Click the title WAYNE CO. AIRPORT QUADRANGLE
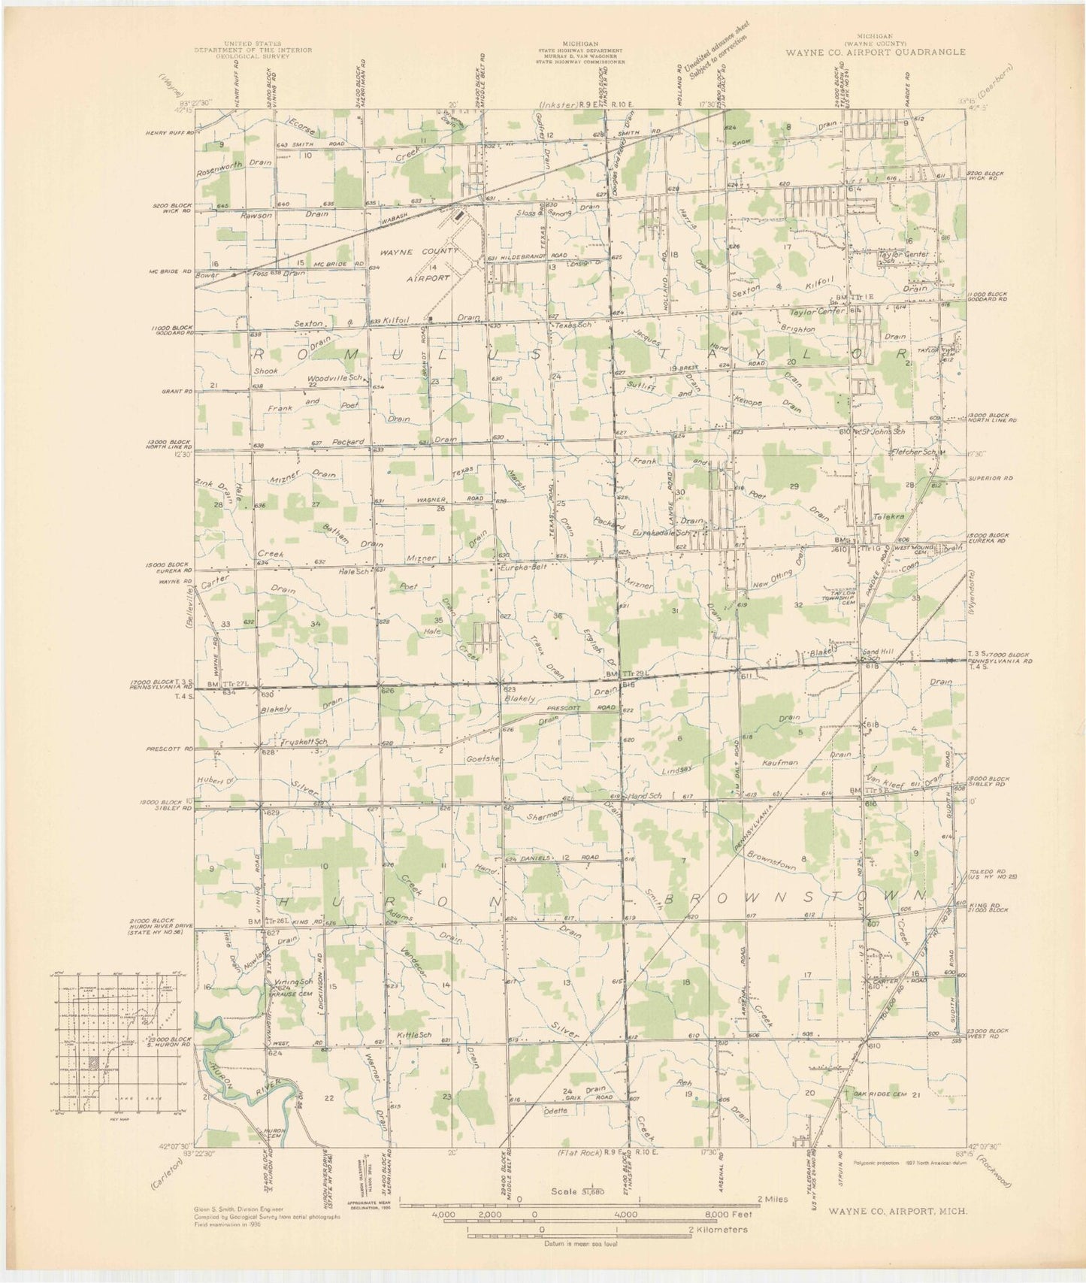pos(876,53)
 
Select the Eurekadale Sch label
pos(661,532)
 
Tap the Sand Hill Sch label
pos(873,655)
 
